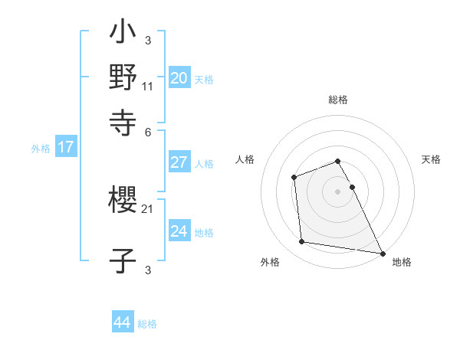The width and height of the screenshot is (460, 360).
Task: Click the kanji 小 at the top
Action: coord(123,34)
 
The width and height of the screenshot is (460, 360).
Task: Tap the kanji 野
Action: coord(123,77)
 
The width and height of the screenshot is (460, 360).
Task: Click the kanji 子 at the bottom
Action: coord(123,260)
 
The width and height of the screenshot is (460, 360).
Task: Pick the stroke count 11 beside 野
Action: coord(148,87)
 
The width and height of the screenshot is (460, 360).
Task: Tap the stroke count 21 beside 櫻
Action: coord(148,208)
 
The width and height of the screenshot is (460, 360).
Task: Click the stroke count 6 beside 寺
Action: coord(148,132)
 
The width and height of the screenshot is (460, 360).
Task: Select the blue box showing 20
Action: coord(179,78)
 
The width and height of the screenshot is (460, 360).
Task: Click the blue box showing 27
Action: coord(179,162)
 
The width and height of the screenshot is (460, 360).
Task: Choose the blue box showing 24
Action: coord(179,231)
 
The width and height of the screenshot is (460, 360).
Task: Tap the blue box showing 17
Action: coord(66,148)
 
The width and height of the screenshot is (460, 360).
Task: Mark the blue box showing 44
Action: coord(123,322)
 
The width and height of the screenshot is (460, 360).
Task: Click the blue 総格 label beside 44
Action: coord(147,324)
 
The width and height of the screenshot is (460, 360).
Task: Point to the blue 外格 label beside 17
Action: coord(41,149)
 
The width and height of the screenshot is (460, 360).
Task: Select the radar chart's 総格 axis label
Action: coord(338,100)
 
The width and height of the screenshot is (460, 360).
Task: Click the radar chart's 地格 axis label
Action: coord(402,262)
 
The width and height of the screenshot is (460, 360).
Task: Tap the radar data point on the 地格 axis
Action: coord(382,253)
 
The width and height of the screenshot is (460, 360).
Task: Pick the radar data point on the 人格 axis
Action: coord(294,178)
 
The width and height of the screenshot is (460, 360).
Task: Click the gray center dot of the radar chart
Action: coord(338,191)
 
